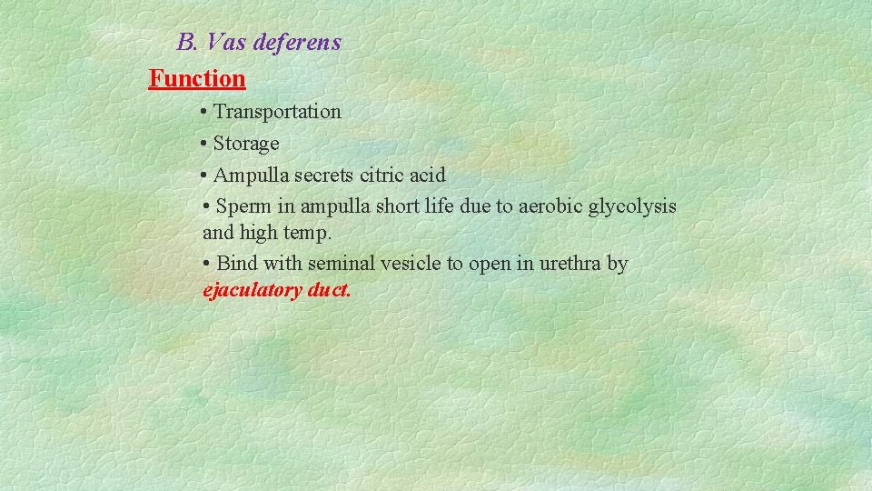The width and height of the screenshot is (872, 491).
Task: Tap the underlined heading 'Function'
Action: coord(197,79)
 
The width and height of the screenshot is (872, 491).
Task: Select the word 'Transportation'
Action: coord(277,112)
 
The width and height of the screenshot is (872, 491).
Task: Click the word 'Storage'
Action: coord(246,144)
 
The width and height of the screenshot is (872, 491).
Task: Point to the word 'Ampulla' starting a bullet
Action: coord(248,175)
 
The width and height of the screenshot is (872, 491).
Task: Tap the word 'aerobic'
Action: coord(550,206)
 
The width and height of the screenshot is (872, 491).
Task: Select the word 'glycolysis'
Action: coord(632,206)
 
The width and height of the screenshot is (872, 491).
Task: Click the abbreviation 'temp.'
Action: coord(308,234)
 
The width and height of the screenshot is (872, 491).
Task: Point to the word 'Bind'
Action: coord(238,264)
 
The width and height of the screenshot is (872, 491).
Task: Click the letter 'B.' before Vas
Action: coord(188,43)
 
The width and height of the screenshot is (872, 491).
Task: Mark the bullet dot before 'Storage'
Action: coord(204,144)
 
